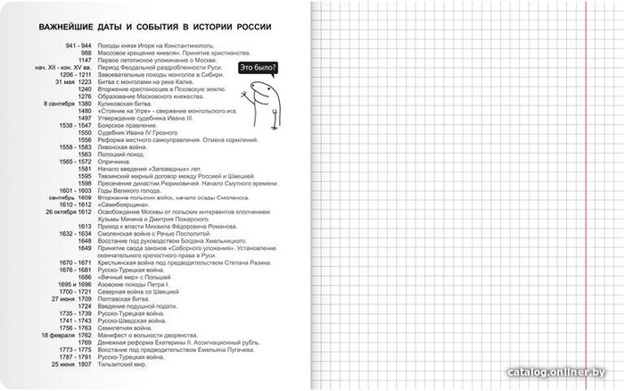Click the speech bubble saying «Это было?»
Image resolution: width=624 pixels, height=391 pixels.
point(259,67)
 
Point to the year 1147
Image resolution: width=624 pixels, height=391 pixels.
point(85,59)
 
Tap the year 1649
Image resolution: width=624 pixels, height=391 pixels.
point(85,248)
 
